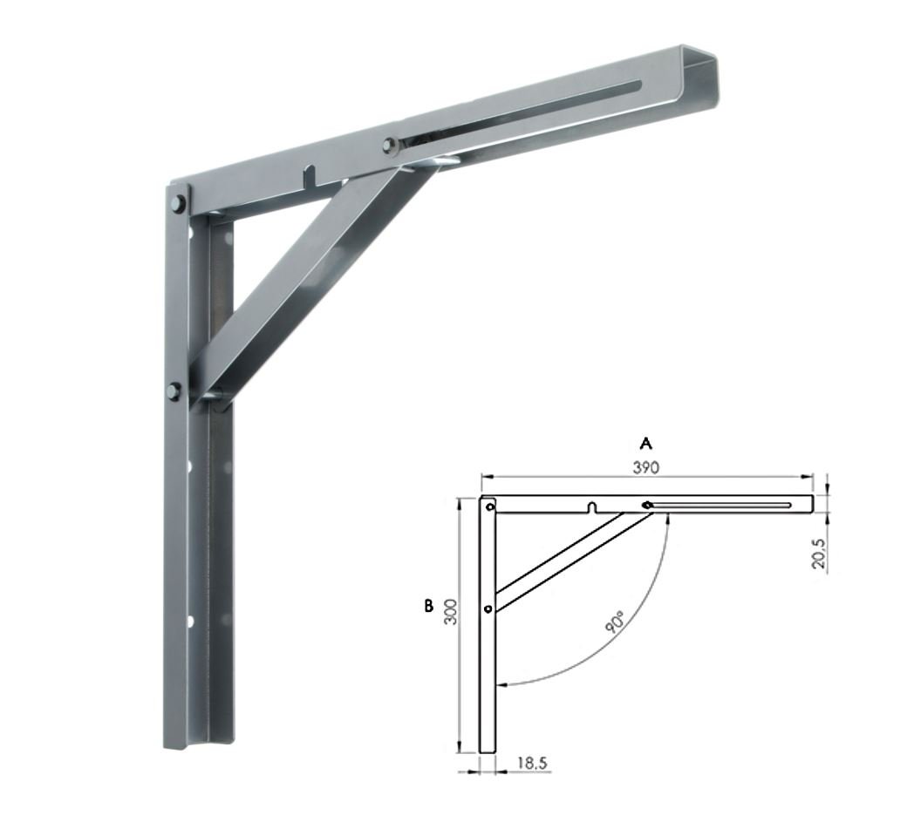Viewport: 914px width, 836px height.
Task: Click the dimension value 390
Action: click(646, 467)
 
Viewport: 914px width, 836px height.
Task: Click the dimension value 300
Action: click(450, 612)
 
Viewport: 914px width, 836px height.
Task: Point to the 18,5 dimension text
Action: click(532, 763)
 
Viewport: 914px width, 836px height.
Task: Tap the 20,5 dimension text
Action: click(819, 553)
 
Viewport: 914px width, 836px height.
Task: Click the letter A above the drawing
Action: click(646, 444)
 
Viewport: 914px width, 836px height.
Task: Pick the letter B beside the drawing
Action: click(428, 606)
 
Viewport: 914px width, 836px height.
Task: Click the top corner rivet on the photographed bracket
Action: click(178, 203)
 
